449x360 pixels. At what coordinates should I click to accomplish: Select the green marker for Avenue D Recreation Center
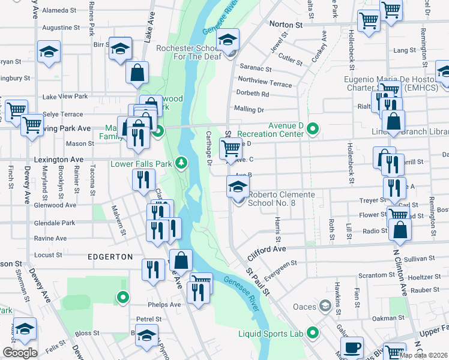(x=312, y=128)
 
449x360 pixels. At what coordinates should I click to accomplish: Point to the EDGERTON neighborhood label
(x=111, y=257)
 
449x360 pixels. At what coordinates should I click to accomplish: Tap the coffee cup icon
(x=352, y=346)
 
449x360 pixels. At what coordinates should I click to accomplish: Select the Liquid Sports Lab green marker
(x=312, y=332)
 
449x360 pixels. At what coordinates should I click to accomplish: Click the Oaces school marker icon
(x=325, y=307)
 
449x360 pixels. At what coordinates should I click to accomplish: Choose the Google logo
(x=20, y=353)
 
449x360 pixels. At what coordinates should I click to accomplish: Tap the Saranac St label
(x=255, y=68)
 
